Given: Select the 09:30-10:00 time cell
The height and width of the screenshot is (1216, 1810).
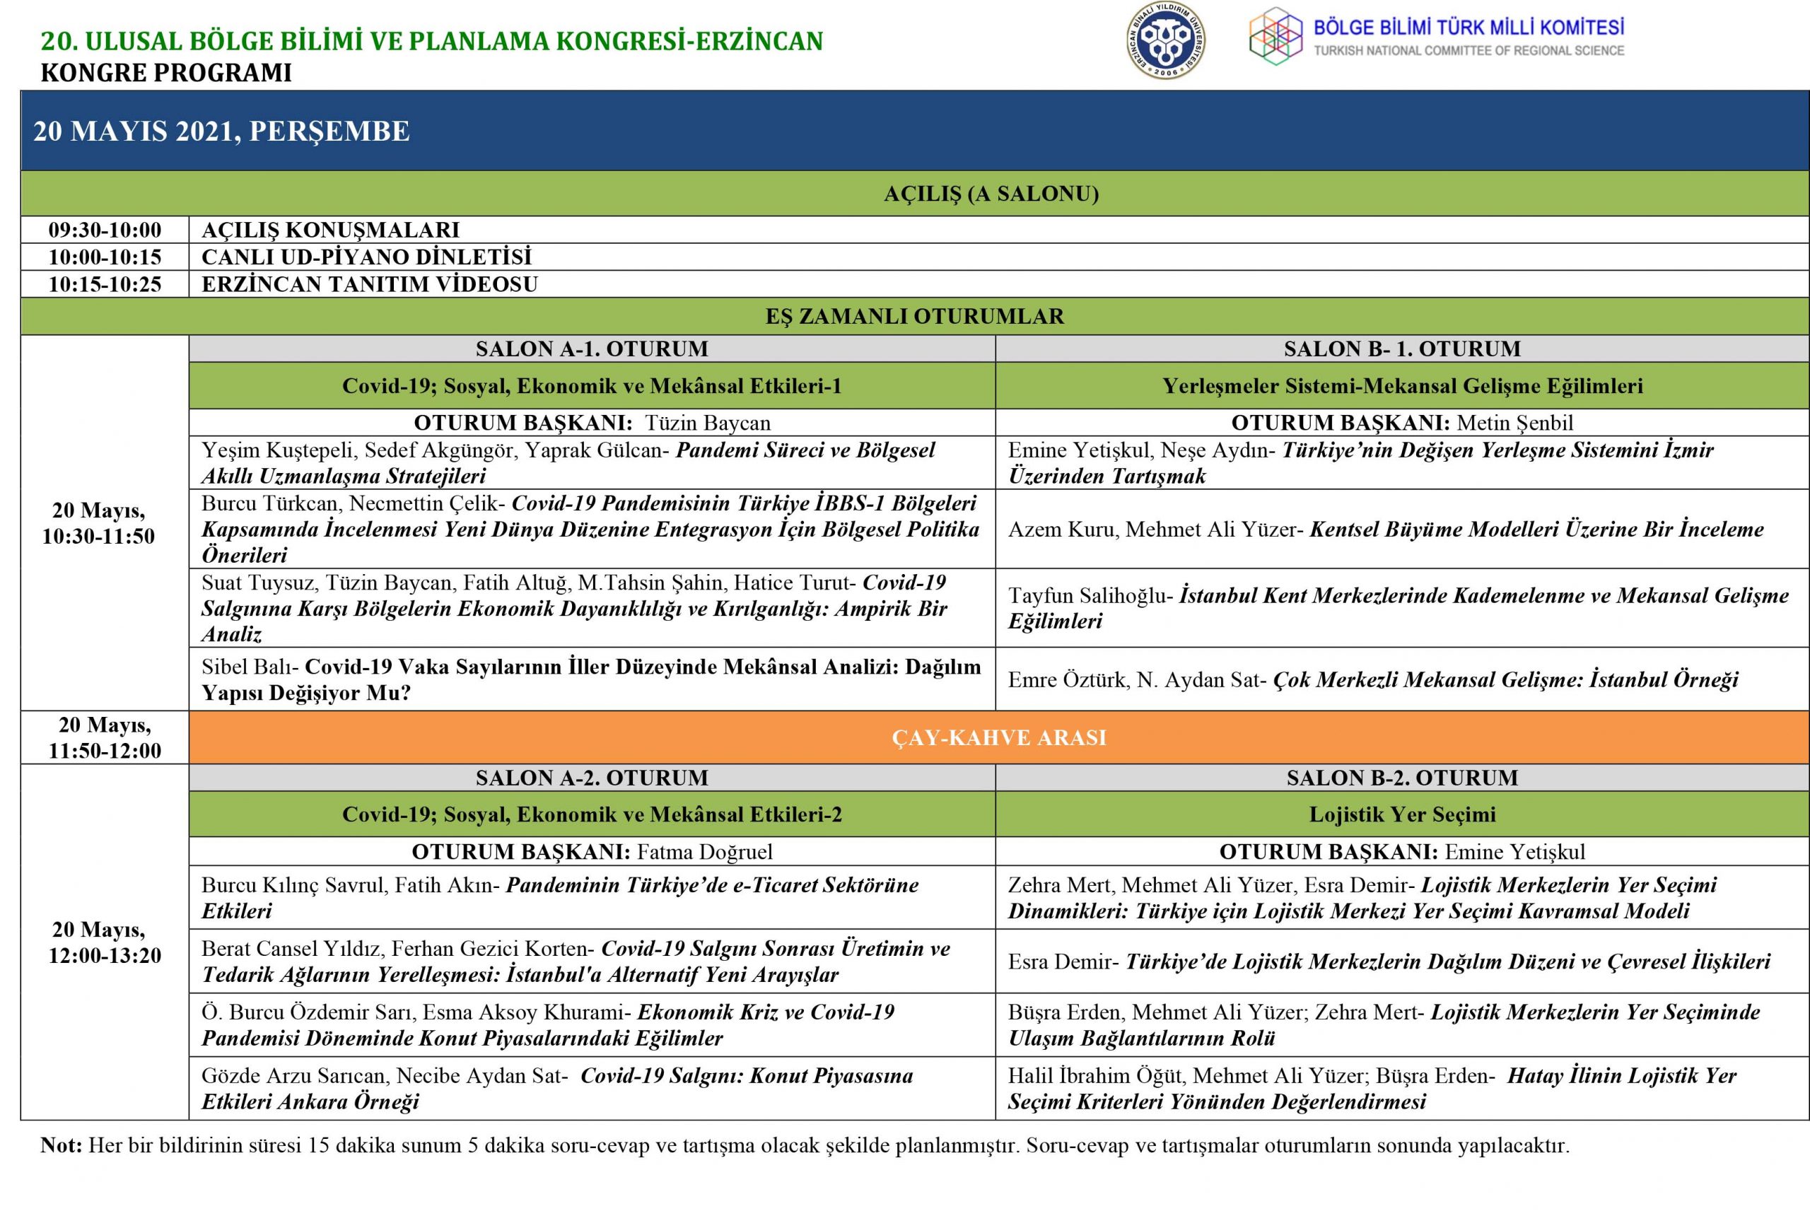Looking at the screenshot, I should tap(105, 230).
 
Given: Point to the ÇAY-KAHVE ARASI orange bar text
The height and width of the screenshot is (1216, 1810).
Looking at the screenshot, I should tap(998, 737).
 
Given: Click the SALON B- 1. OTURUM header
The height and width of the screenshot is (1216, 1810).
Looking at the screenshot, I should tap(1401, 349).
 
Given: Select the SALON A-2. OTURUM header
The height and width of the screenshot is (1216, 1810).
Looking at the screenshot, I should tap(592, 778).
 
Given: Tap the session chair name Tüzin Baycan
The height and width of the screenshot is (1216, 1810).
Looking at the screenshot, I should tap(707, 423).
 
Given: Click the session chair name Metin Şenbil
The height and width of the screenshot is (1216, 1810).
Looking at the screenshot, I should tap(1514, 423).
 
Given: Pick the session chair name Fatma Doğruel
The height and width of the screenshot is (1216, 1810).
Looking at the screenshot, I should tap(704, 853).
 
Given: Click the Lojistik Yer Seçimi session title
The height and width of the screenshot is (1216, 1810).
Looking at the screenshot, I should tap(1402, 814).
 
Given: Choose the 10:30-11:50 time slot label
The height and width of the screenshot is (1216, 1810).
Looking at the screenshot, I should tap(98, 536).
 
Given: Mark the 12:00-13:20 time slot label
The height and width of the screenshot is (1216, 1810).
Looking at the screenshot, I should tap(105, 955).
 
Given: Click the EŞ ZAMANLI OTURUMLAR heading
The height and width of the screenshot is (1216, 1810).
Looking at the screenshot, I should tap(914, 317).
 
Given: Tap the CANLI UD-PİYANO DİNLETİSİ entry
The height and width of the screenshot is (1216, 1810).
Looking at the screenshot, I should tap(366, 257).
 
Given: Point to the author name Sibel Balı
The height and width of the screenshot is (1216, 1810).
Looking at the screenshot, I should tap(249, 667).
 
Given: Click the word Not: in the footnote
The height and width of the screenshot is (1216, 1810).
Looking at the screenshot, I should tap(61, 1145).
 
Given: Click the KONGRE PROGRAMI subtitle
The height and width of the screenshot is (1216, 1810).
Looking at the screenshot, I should tap(166, 73).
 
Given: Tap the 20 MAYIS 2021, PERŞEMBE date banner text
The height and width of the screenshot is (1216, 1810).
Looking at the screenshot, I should tap(221, 131).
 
